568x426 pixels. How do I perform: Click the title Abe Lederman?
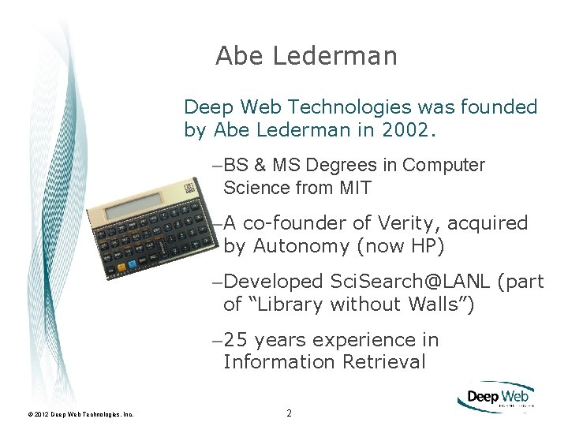[x=306, y=56]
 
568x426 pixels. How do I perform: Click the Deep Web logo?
[x=495, y=397]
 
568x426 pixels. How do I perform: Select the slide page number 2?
[x=289, y=413]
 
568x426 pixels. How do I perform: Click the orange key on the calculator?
[x=121, y=267]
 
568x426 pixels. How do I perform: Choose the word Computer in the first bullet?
[x=443, y=166]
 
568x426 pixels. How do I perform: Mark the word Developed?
[x=274, y=282]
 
